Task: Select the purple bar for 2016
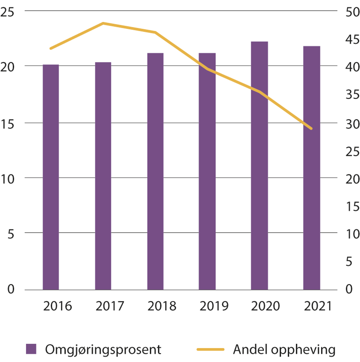pyautogui.click(x=51, y=177)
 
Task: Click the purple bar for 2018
pyautogui.click(x=155, y=171)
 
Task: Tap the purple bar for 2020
pyautogui.click(x=259, y=166)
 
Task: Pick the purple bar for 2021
pyautogui.click(x=311, y=168)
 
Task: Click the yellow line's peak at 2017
pyautogui.click(x=103, y=23)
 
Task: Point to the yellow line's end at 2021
pyautogui.click(x=311, y=129)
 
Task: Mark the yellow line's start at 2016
pyautogui.click(x=51, y=48)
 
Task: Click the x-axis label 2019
pyautogui.click(x=214, y=306)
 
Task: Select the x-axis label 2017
pyautogui.click(x=109, y=306)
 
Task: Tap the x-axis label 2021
pyautogui.click(x=318, y=306)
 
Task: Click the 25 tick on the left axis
pyautogui.click(x=7, y=13)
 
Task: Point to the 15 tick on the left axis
pyautogui.click(x=7, y=124)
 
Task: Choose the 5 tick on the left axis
pyautogui.click(x=11, y=234)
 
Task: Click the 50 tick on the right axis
pyautogui.click(x=352, y=12)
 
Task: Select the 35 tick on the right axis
pyautogui.click(x=352, y=95)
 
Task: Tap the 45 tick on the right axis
pyautogui.click(x=352, y=40)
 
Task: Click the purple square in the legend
pyautogui.click(x=31, y=349)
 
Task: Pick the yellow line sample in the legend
pyautogui.click(x=210, y=349)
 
